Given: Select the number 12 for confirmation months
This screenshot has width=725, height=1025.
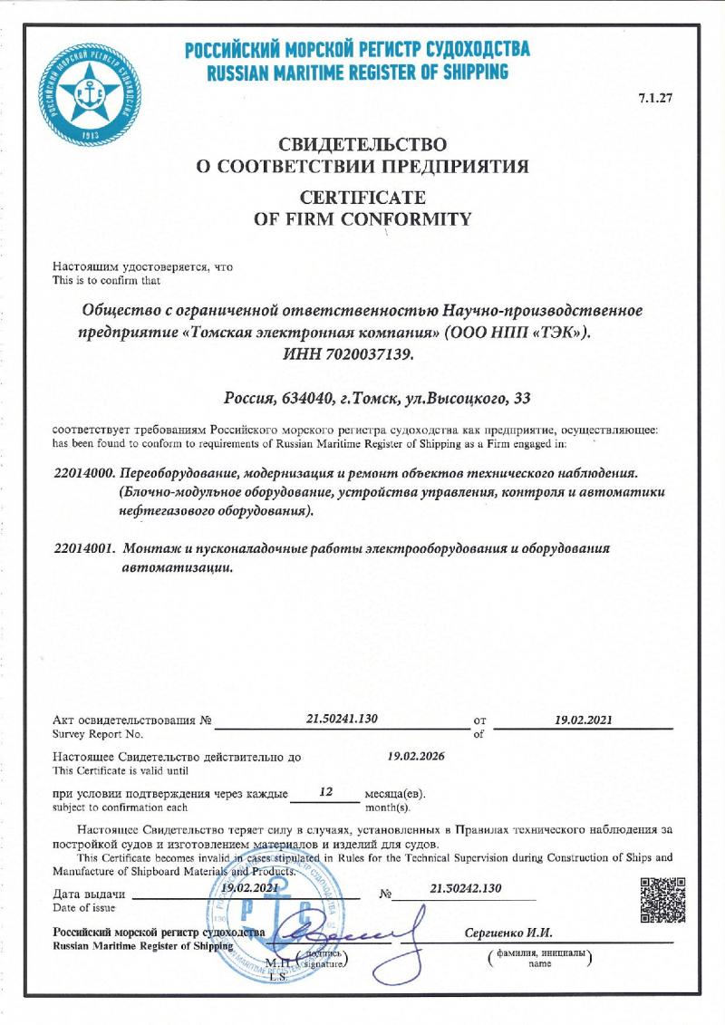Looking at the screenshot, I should [x=327, y=792].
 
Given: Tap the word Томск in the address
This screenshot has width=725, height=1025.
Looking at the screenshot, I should [x=376, y=398].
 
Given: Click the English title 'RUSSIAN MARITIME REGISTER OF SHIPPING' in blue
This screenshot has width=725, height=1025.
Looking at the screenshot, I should [x=357, y=73].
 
